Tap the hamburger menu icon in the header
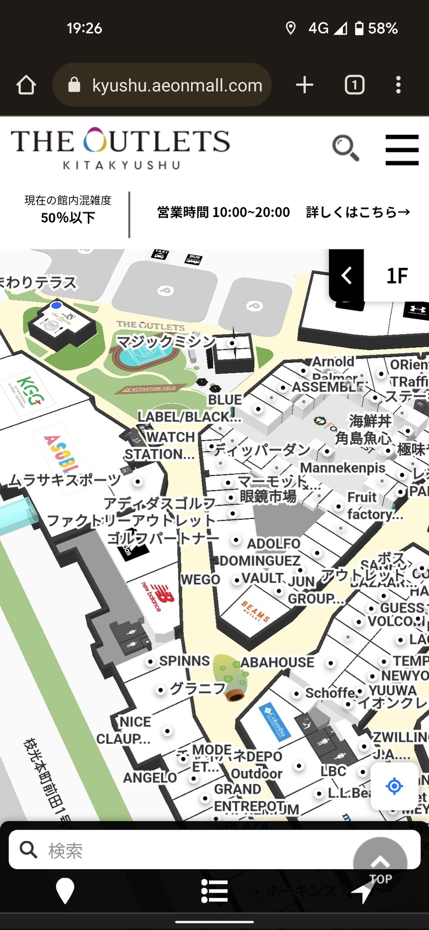point(402,149)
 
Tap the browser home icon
point(26,85)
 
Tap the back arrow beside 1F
point(347,276)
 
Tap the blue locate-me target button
point(394,786)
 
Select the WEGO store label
point(200,579)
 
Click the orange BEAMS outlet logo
point(256,611)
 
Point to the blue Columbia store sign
point(275,721)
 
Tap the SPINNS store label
point(184,661)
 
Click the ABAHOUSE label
point(277,663)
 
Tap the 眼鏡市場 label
point(268,496)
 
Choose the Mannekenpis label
point(343,468)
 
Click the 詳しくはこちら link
point(358,212)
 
